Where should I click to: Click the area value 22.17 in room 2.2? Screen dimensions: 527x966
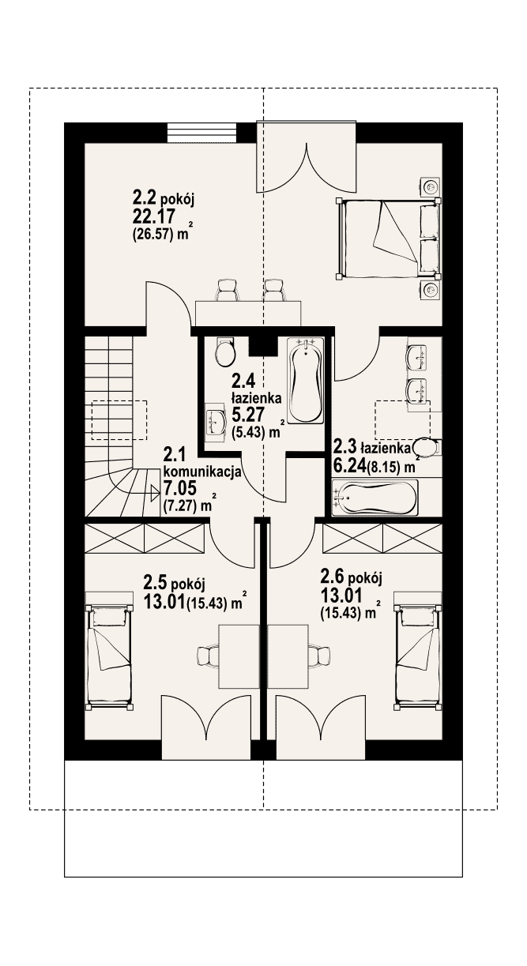click(153, 216)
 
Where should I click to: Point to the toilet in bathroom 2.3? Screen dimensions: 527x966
click(427, 447)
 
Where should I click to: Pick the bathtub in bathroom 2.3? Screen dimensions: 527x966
click(375, 498)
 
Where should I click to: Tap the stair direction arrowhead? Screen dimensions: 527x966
click(155, 493)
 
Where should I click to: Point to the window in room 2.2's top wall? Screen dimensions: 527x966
click(202, 133)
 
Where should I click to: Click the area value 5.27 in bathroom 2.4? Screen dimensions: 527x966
click(247, 415)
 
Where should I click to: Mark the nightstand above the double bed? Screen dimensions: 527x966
click(430, 186)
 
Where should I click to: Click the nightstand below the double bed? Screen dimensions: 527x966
click(430, 290)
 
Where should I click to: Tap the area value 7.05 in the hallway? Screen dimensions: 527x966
click(180, 488)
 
